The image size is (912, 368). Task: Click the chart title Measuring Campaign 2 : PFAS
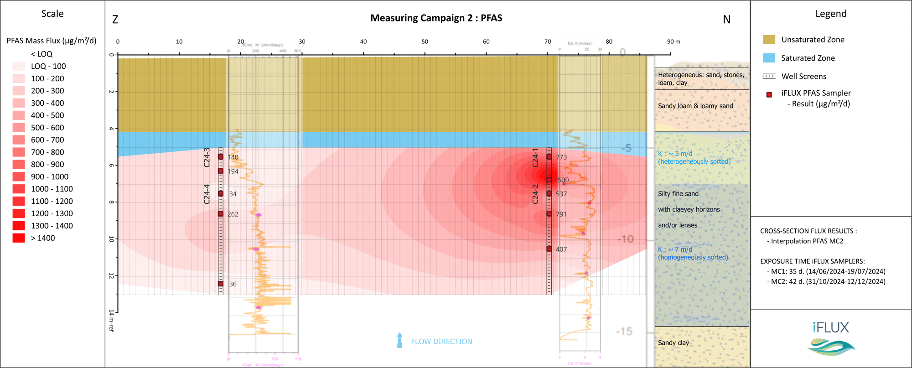point(436,18)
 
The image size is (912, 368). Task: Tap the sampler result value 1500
point(562,180)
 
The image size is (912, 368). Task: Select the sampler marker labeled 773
point(549,157)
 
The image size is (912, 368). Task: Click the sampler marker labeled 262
point(221,214)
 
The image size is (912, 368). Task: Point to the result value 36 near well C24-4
point(233,284)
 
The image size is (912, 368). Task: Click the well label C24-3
point(207,157)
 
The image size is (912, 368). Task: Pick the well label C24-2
point(535,194)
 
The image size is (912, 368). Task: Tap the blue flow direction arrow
point(399,340)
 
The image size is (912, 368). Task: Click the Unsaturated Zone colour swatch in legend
point(769,40)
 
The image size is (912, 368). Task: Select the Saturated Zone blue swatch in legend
point(769,58)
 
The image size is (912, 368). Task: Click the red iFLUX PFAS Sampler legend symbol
point(769,95)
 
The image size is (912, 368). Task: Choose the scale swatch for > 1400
point(19,238)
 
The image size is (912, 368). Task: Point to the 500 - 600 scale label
point(47,128)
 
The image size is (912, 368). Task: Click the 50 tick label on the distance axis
point(425,41)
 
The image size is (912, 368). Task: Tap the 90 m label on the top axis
point(674,41)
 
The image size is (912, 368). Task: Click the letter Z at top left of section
point(115,20)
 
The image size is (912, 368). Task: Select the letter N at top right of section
point(726,20)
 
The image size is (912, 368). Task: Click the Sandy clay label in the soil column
point(673,343)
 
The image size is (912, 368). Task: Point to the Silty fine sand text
point(678,194)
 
